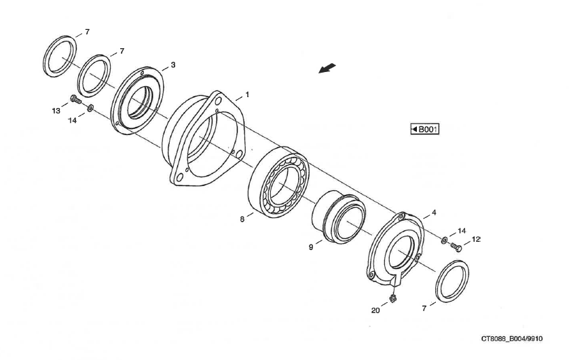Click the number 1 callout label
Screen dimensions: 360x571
coord(248,94)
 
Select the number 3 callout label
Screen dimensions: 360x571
coord(173,65)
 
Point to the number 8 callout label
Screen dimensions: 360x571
coord(242,219)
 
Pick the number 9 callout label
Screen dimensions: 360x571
coord(311,248)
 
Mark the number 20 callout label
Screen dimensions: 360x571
coord(375,310)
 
